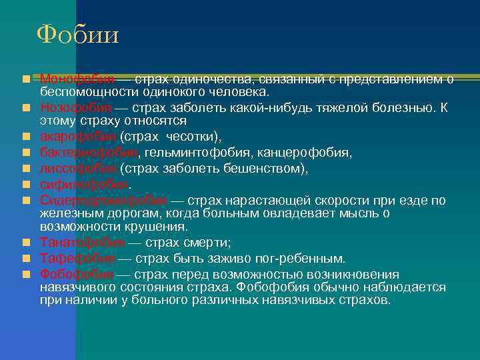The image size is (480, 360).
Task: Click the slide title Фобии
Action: (77, 34)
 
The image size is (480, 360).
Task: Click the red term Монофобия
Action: (75, 79)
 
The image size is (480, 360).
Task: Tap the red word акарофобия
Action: (76, 137)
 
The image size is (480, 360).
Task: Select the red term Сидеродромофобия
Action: (103, 199)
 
